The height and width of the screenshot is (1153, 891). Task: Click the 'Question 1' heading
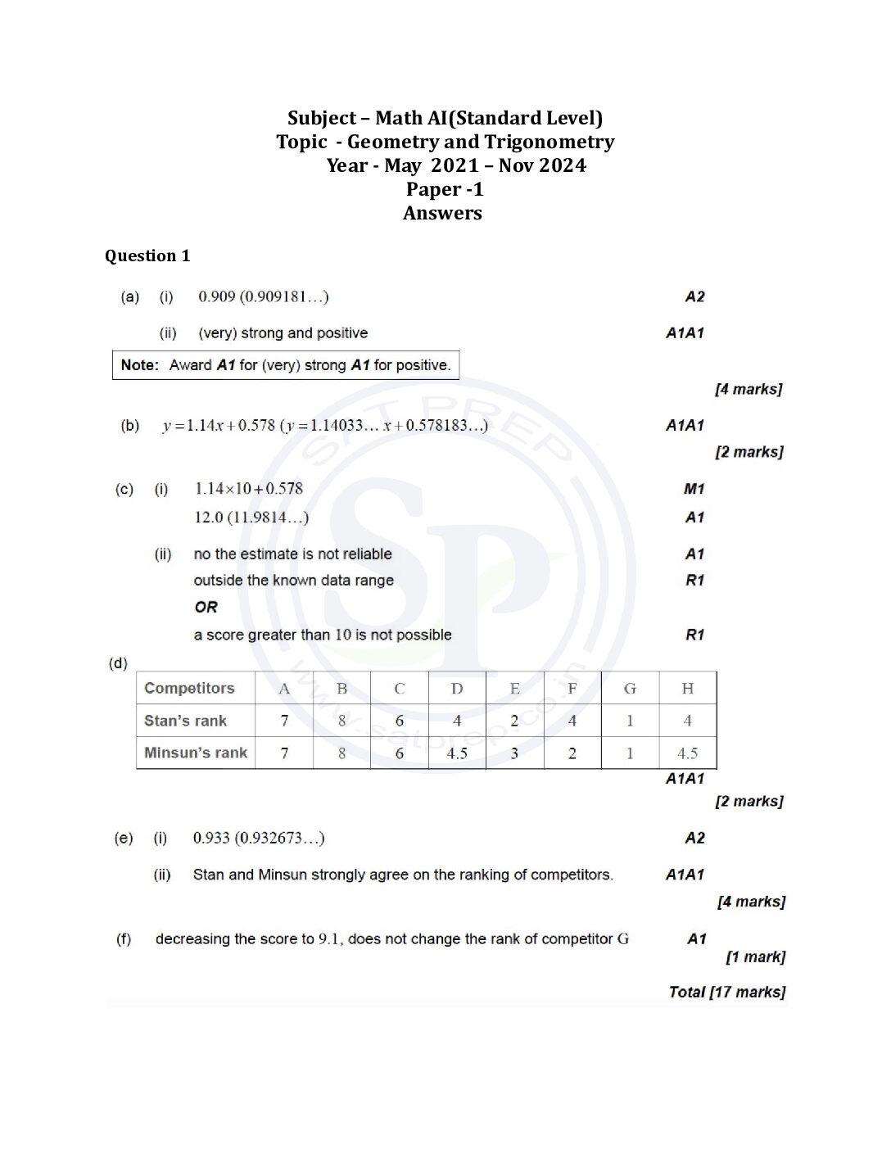click(147, 256)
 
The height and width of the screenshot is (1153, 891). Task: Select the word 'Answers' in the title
click(442, 214)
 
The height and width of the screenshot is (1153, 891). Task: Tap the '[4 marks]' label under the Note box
click(749, 389)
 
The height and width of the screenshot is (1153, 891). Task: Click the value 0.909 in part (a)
click(217, 296)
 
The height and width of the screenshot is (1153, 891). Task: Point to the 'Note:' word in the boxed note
click(139, 365)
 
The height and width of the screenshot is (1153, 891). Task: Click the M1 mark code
click(694, 489)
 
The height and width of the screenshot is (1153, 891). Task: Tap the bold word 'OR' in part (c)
click(206, 608)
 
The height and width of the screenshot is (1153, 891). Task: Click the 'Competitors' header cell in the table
click(189, 689)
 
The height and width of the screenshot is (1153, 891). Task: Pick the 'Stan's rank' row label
click(186, 721)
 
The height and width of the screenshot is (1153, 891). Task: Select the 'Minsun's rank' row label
click(196, 753)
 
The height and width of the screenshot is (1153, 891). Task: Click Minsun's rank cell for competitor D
click(457, 753)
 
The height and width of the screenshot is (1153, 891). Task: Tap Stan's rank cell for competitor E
click(514, 721)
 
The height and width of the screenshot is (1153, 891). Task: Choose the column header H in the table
click(687, 689)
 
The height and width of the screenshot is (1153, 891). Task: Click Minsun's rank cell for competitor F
click(572, 753)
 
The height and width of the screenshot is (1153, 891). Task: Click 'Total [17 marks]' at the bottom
click(726, 992)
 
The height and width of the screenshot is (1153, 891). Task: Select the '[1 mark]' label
click(755, 957)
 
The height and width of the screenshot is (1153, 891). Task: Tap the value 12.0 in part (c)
click(209, 518)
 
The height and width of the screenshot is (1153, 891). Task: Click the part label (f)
click(123, 939)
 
